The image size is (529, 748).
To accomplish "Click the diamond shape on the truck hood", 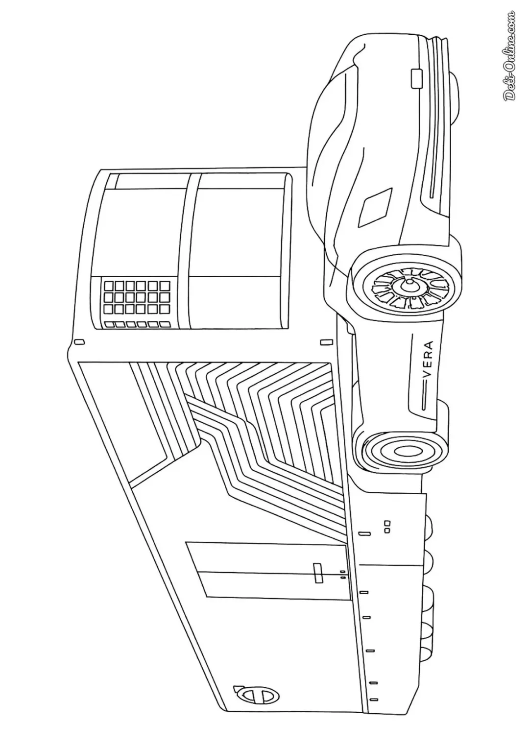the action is pyautogui.click(x=375, y=207).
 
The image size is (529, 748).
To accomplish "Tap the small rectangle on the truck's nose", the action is pyautogui.click(x=416, y=78).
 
